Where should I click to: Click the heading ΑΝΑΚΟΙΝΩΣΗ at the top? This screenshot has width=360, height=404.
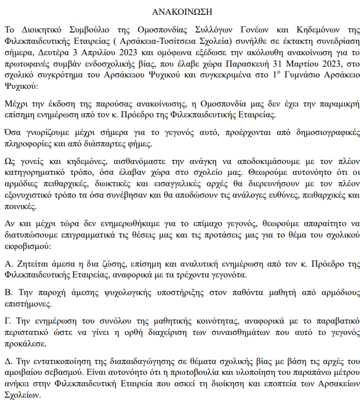(x=179, y=11)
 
